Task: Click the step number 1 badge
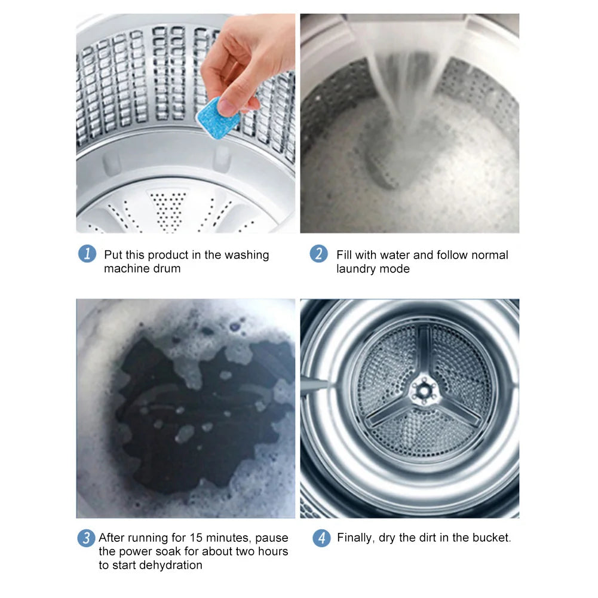pos(87,254)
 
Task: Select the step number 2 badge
pos(318,254)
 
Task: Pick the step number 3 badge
pos(86,538)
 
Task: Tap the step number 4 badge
pos(321,538)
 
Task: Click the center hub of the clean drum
pos(423,390)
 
